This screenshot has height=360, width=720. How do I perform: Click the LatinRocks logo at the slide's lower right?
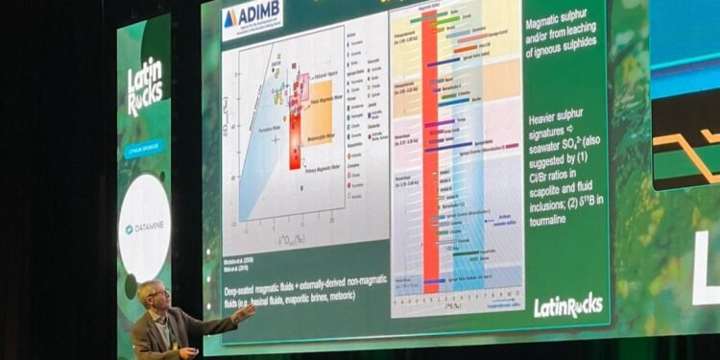tap(568, 304)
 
